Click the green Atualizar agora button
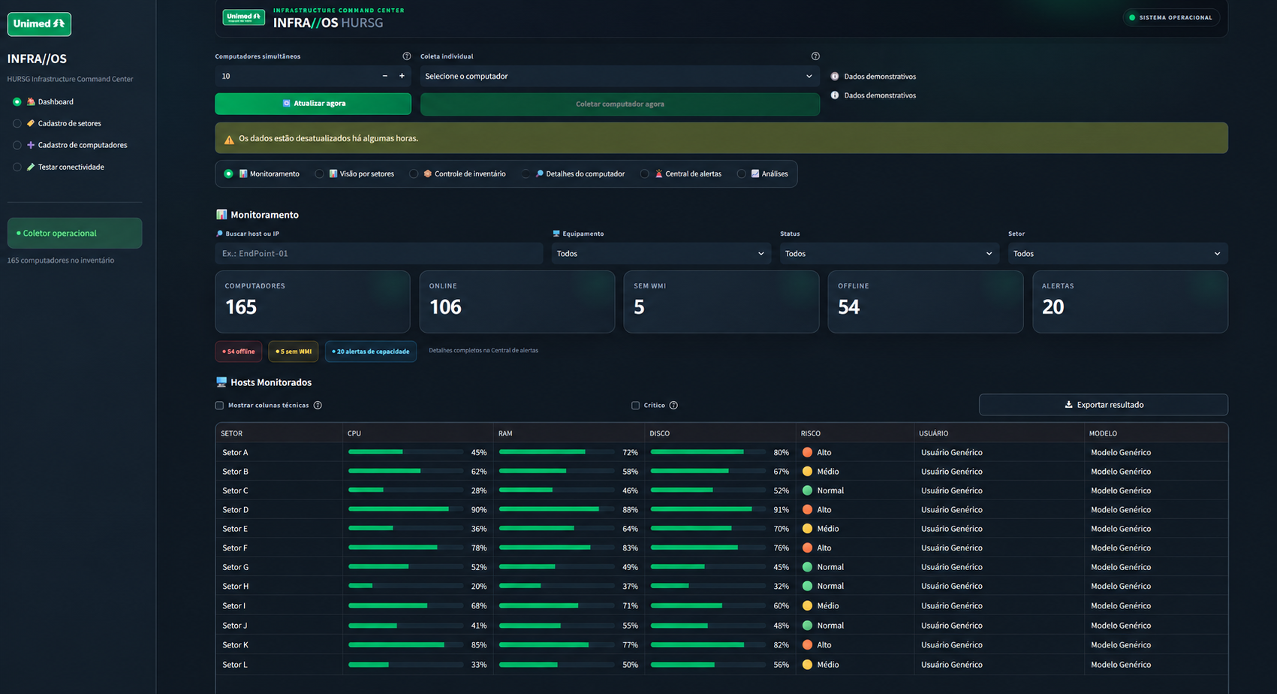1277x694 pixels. pyautogui.click(x=312, y=104)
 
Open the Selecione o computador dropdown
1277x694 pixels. pyautogui.click(x=619, y=77)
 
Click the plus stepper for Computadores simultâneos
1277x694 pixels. pyautogui.click(x=402, y=76)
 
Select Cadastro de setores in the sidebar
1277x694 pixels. pyautogui.click(x=69, y=123)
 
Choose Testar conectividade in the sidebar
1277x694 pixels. pyautogui.click(x=71, y=167)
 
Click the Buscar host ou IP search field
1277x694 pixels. pyautogui.click(x=378, y=253)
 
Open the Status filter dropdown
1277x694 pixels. pyautogui.click(x=889, y=253)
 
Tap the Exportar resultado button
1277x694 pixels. pyautogui.click(x=1103, y=405)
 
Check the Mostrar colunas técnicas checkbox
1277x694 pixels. pyautogui.click(x=219, y=406)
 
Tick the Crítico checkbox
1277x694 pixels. pyautogui.click(x=635, y=406)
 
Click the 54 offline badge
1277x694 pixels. pyautogui.click(x=238, y=352)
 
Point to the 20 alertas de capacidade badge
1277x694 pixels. pyautogui.click(x=371, y=352)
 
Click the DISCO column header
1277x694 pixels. pyautogui.click(x=659, y=433)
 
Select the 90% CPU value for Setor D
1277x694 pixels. pyautogui.click(x=479, y=510)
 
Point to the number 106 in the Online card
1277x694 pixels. pyautogui.click(x=445, y=307)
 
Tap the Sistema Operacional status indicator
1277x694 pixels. pyautogui.click(x=1171, y=18)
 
